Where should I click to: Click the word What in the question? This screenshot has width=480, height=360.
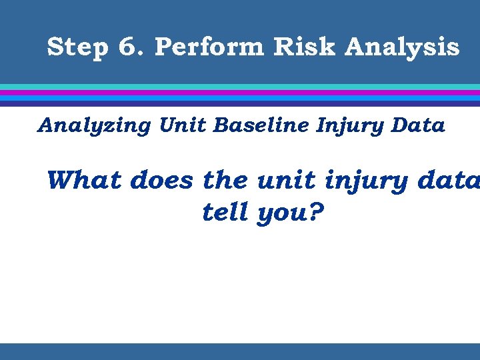pyautogui.click(x=85, y=179)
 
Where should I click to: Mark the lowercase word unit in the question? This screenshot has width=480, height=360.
pyautogui.click(x=278, y=179)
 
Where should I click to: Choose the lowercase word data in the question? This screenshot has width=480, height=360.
pyautogui.click(x=446, y=179)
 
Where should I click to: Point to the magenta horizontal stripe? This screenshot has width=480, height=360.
pyautogui.click(x=240, y=93)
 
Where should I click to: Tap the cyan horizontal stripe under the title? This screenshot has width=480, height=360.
pyautogui.click(x=240, y=87)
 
